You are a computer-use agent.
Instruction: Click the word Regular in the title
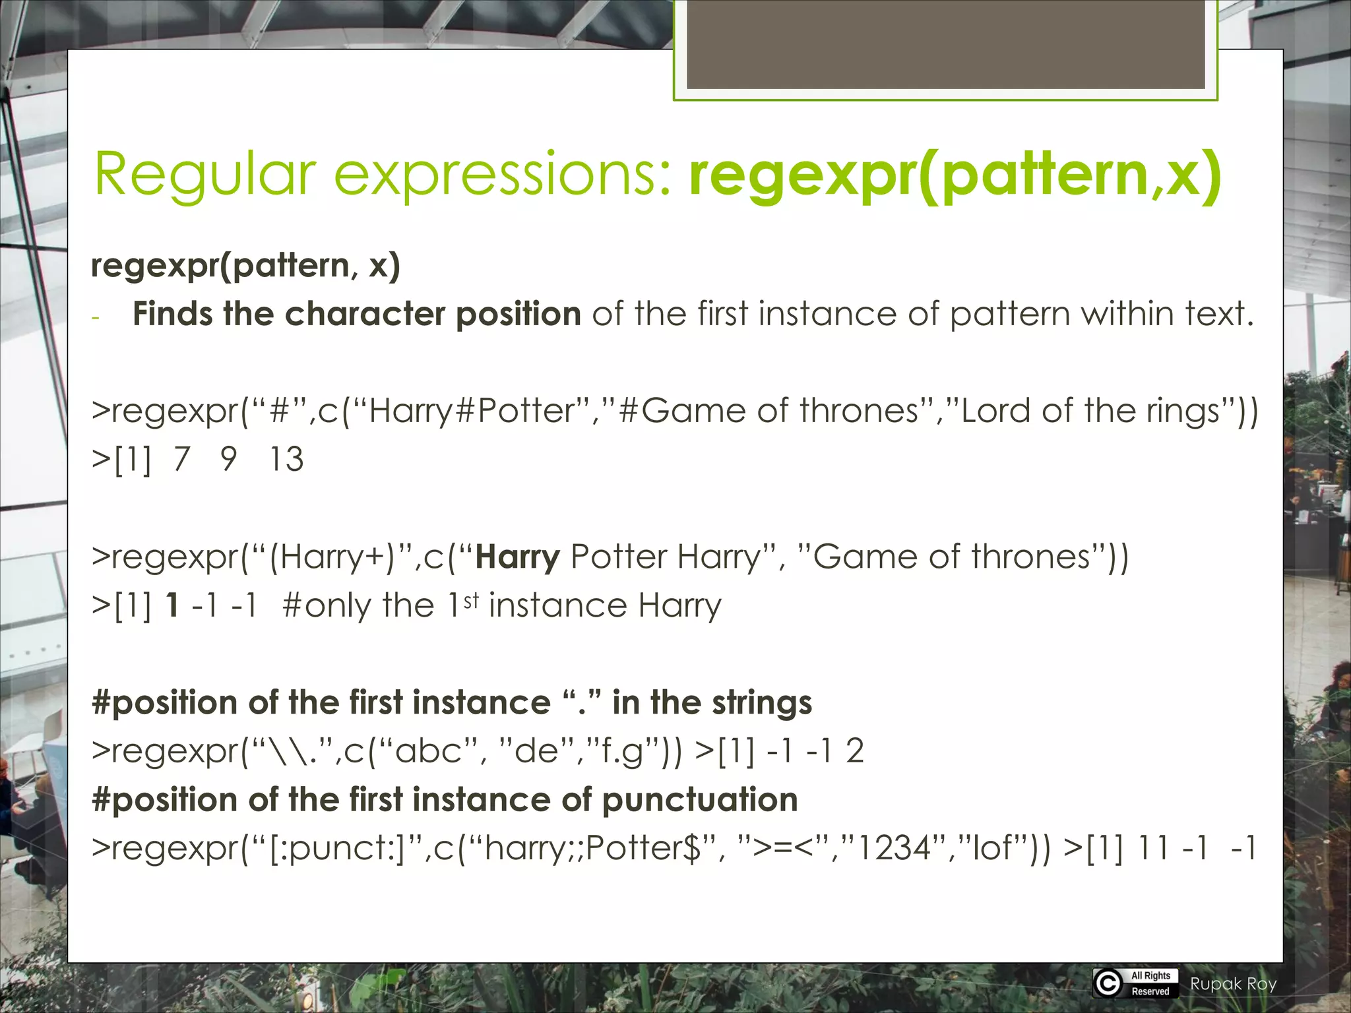pos(205,174)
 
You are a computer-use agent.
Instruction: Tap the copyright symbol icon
pos(1108,983)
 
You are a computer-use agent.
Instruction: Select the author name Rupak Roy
pos(1233,984)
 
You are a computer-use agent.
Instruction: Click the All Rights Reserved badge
pos(1150,983)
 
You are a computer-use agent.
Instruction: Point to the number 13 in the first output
pos(286,459)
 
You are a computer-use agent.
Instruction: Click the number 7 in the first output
pos(181,459)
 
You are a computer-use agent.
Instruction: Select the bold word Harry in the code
pos(517,557)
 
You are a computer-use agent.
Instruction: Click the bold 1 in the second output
pos(172,605)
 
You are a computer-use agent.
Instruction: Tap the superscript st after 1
pos(470,600)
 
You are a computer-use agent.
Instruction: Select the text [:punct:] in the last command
pos(337,848)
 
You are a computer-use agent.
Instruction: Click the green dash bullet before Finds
pos(96,319)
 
